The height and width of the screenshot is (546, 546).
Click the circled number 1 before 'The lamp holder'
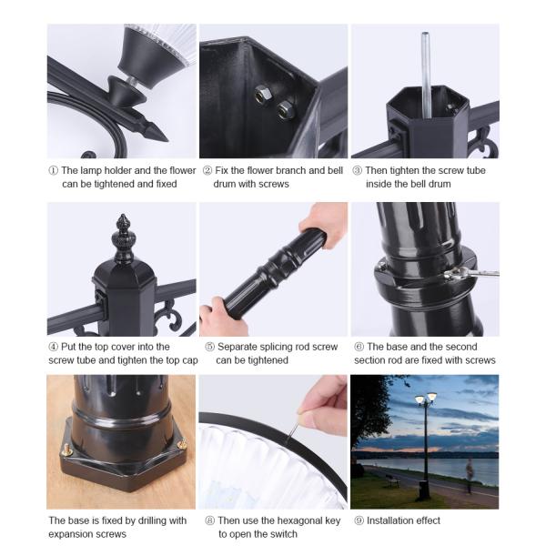pos(54,171)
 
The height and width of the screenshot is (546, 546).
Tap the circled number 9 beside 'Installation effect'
pos(359,521)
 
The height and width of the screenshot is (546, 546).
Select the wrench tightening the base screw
pos(471,273)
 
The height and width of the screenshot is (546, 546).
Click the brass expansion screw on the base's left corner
pos(66,450)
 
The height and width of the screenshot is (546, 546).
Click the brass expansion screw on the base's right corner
pos(181,444)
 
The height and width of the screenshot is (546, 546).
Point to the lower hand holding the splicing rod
pos(223,317)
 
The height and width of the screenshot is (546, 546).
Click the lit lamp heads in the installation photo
pos(426,399)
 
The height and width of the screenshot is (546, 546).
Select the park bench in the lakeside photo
pos(393,480)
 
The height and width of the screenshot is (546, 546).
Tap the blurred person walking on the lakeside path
pos(470,475)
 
